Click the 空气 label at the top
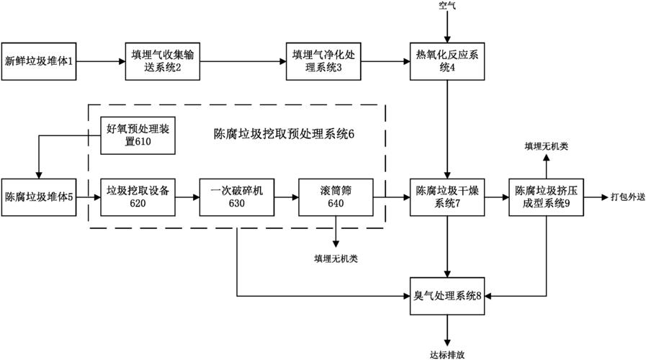click(447, 6)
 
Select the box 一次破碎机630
click(237, 197)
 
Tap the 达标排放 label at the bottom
click(448, 353)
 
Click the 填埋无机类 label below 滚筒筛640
click(336, 257)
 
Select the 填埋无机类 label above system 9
click(546, 147)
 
